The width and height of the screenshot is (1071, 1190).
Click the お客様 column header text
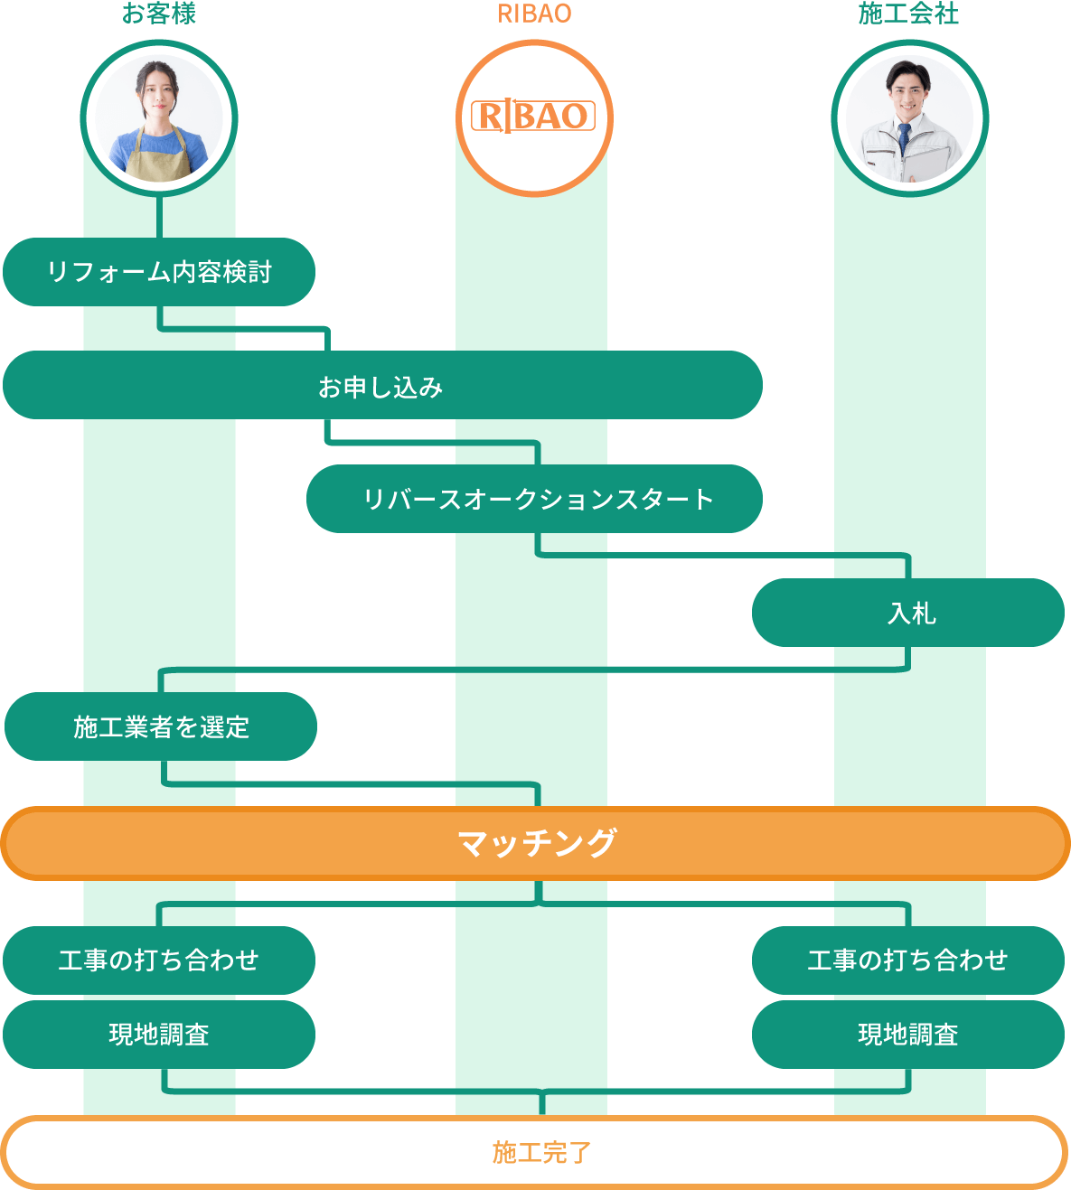pyautogui.click(x=159, y=14)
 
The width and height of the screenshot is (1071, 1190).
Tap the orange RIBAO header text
pyautogui.click(x=534, y=14)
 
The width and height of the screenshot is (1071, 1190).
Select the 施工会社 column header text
pyautogui.click(x=908, y=14)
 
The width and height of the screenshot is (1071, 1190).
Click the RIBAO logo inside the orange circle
pyautogui.click(x=533, y=116)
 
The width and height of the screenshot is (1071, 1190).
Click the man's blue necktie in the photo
pyautogui.click(x=904, y=141)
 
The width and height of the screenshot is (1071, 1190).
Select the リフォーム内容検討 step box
pyautogui.click(x=159, y=272)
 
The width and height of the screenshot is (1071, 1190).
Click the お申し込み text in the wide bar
pyautogui.click(x=380, y=387)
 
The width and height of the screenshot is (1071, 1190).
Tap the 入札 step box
pyautogui.click(x=908, y=613)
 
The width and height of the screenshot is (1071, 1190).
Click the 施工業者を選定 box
pyautogui.click(x=161, y=726)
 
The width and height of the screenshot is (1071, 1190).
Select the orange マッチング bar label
pyautogui.click(x=536, y=843)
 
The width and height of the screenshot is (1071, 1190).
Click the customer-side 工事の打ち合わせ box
pyautogui.click(x=159, y=960)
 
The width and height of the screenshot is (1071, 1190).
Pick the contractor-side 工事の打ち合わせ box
pyautogui.click(x=908, y=960)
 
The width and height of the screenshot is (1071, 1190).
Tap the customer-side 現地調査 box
pyautogui.click(x=159, y=1034)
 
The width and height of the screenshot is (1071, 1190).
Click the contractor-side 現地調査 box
pyautogui.click(x=908, y=1034)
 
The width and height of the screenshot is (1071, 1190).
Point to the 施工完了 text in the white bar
pyautogui.click(x=540, y=1152)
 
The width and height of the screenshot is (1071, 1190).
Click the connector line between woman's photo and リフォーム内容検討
pyautogui.click(x=159, y=217)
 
